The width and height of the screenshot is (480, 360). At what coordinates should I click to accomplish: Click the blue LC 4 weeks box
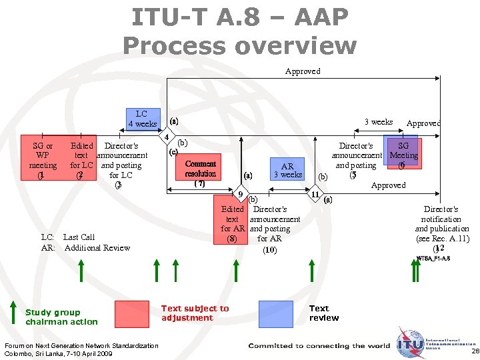[x=142, y=119]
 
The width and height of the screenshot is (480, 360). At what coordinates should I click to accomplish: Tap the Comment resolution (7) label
[x=201, y=173]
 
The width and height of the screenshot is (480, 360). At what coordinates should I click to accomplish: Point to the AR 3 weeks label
[x=287, y=171]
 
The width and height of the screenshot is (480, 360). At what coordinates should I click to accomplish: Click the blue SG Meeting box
[x=402, y=151]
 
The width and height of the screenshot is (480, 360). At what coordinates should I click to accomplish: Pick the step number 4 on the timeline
[x=166, y=138]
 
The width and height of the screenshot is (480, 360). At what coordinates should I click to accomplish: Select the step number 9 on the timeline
[x=240, y=194]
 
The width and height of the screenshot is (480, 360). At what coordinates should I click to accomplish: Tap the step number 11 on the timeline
[x=315, y=194]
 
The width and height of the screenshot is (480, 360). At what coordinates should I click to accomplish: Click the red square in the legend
[x=131, y=313]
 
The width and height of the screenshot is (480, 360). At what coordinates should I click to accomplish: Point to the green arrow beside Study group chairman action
[x=13, y=313]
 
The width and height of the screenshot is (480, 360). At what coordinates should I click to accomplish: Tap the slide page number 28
[x=474, y=351]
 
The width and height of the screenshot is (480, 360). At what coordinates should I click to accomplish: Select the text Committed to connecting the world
[x=319, y=345]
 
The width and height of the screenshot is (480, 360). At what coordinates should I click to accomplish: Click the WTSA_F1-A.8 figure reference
[x=433, y=258]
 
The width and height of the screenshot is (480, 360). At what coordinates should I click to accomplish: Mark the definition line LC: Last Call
[x=67, y=237]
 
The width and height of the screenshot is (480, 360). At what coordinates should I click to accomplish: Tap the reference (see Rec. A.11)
[x=442, y=238]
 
